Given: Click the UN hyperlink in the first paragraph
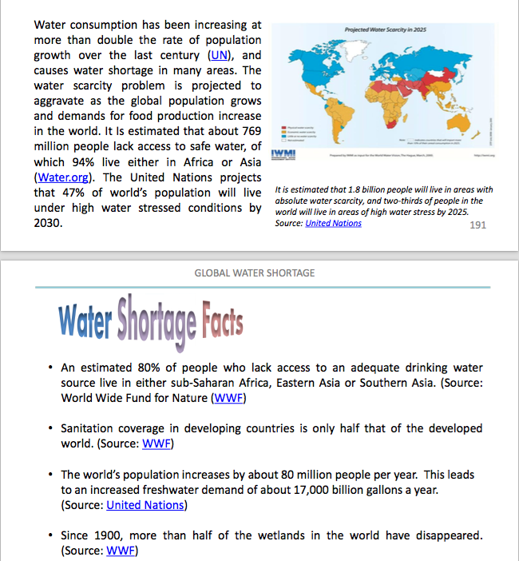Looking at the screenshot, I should [x=217, y=55].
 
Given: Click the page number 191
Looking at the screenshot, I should [x=477, y=225].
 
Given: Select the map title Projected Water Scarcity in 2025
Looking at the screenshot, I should [x=384, y=29].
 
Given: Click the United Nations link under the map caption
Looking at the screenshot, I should [x=333, y=224].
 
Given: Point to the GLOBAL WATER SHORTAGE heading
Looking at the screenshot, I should [x=255, y=273].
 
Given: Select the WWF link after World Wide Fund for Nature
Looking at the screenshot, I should [x=228, y=397].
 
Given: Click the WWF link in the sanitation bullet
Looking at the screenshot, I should [x=156, y=444].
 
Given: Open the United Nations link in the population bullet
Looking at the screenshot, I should [x=145, y=504].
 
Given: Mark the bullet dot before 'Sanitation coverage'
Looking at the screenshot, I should [x=50, y=428].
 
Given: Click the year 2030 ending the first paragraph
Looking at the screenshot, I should [x=47, y=223].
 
